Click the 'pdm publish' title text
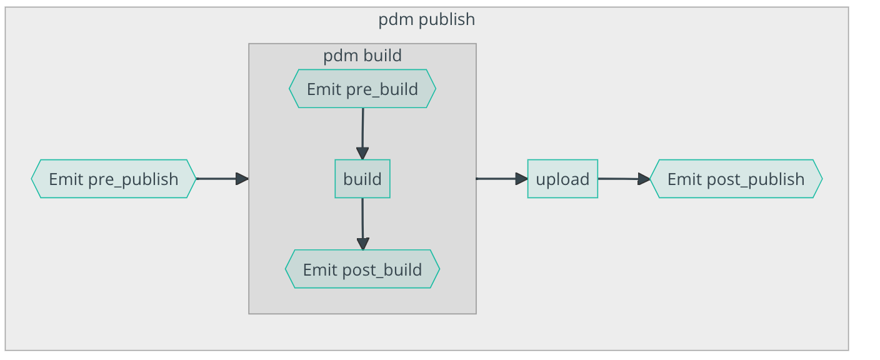[x=426, y=19]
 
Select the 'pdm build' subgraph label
[x=362, y=56]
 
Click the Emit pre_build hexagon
[x=362, y=89]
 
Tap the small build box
[x=362, y=179]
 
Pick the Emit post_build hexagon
[x=362, y=269]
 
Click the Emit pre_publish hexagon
[x=113, y=179]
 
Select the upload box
[x=562, y=179]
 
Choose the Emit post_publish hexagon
[x=736, y=179]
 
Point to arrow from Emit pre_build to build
[x=362, y=131]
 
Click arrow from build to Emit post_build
[x=362, y=222]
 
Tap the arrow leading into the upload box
[x=500, y=179]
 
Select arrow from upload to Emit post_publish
[x=622, y=179]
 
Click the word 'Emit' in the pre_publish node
[x=66, y=179]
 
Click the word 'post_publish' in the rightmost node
[x=756, y=179]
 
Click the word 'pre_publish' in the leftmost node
[x=133, y=179]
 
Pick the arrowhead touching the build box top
[x=362, y=154]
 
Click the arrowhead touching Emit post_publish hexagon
[x=644, y=179]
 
